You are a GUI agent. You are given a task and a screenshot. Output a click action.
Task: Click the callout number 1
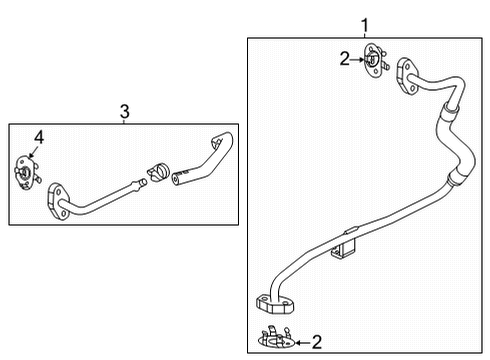[365, 25]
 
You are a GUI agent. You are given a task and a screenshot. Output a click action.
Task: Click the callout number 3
[125, 112]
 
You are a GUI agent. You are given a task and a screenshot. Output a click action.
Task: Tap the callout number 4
[39, 137]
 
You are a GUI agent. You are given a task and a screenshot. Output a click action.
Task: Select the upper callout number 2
[345, 59]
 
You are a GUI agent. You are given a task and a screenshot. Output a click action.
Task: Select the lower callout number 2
[317, 342]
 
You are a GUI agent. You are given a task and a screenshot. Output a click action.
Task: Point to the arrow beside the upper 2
[358, 60]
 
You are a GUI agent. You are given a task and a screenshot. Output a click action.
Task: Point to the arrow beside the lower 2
[303, 342]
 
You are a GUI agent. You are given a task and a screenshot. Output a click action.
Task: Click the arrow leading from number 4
[33, 151]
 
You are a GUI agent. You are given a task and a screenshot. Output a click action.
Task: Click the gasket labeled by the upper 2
[376, 60]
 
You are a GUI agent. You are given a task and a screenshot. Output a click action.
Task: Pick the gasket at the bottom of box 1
[276, 337]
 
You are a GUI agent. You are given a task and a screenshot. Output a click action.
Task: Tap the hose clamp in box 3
[158, 172]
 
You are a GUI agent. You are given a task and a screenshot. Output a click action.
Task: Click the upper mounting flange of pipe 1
[406, 76]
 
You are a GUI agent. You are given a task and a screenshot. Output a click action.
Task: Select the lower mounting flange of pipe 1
[275, 304]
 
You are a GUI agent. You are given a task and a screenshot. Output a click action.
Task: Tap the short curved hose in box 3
[204, 160]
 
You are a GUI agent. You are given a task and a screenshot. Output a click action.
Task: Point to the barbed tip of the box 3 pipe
[141, 184]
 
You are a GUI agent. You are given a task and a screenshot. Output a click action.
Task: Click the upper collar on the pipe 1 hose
[450, 108]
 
